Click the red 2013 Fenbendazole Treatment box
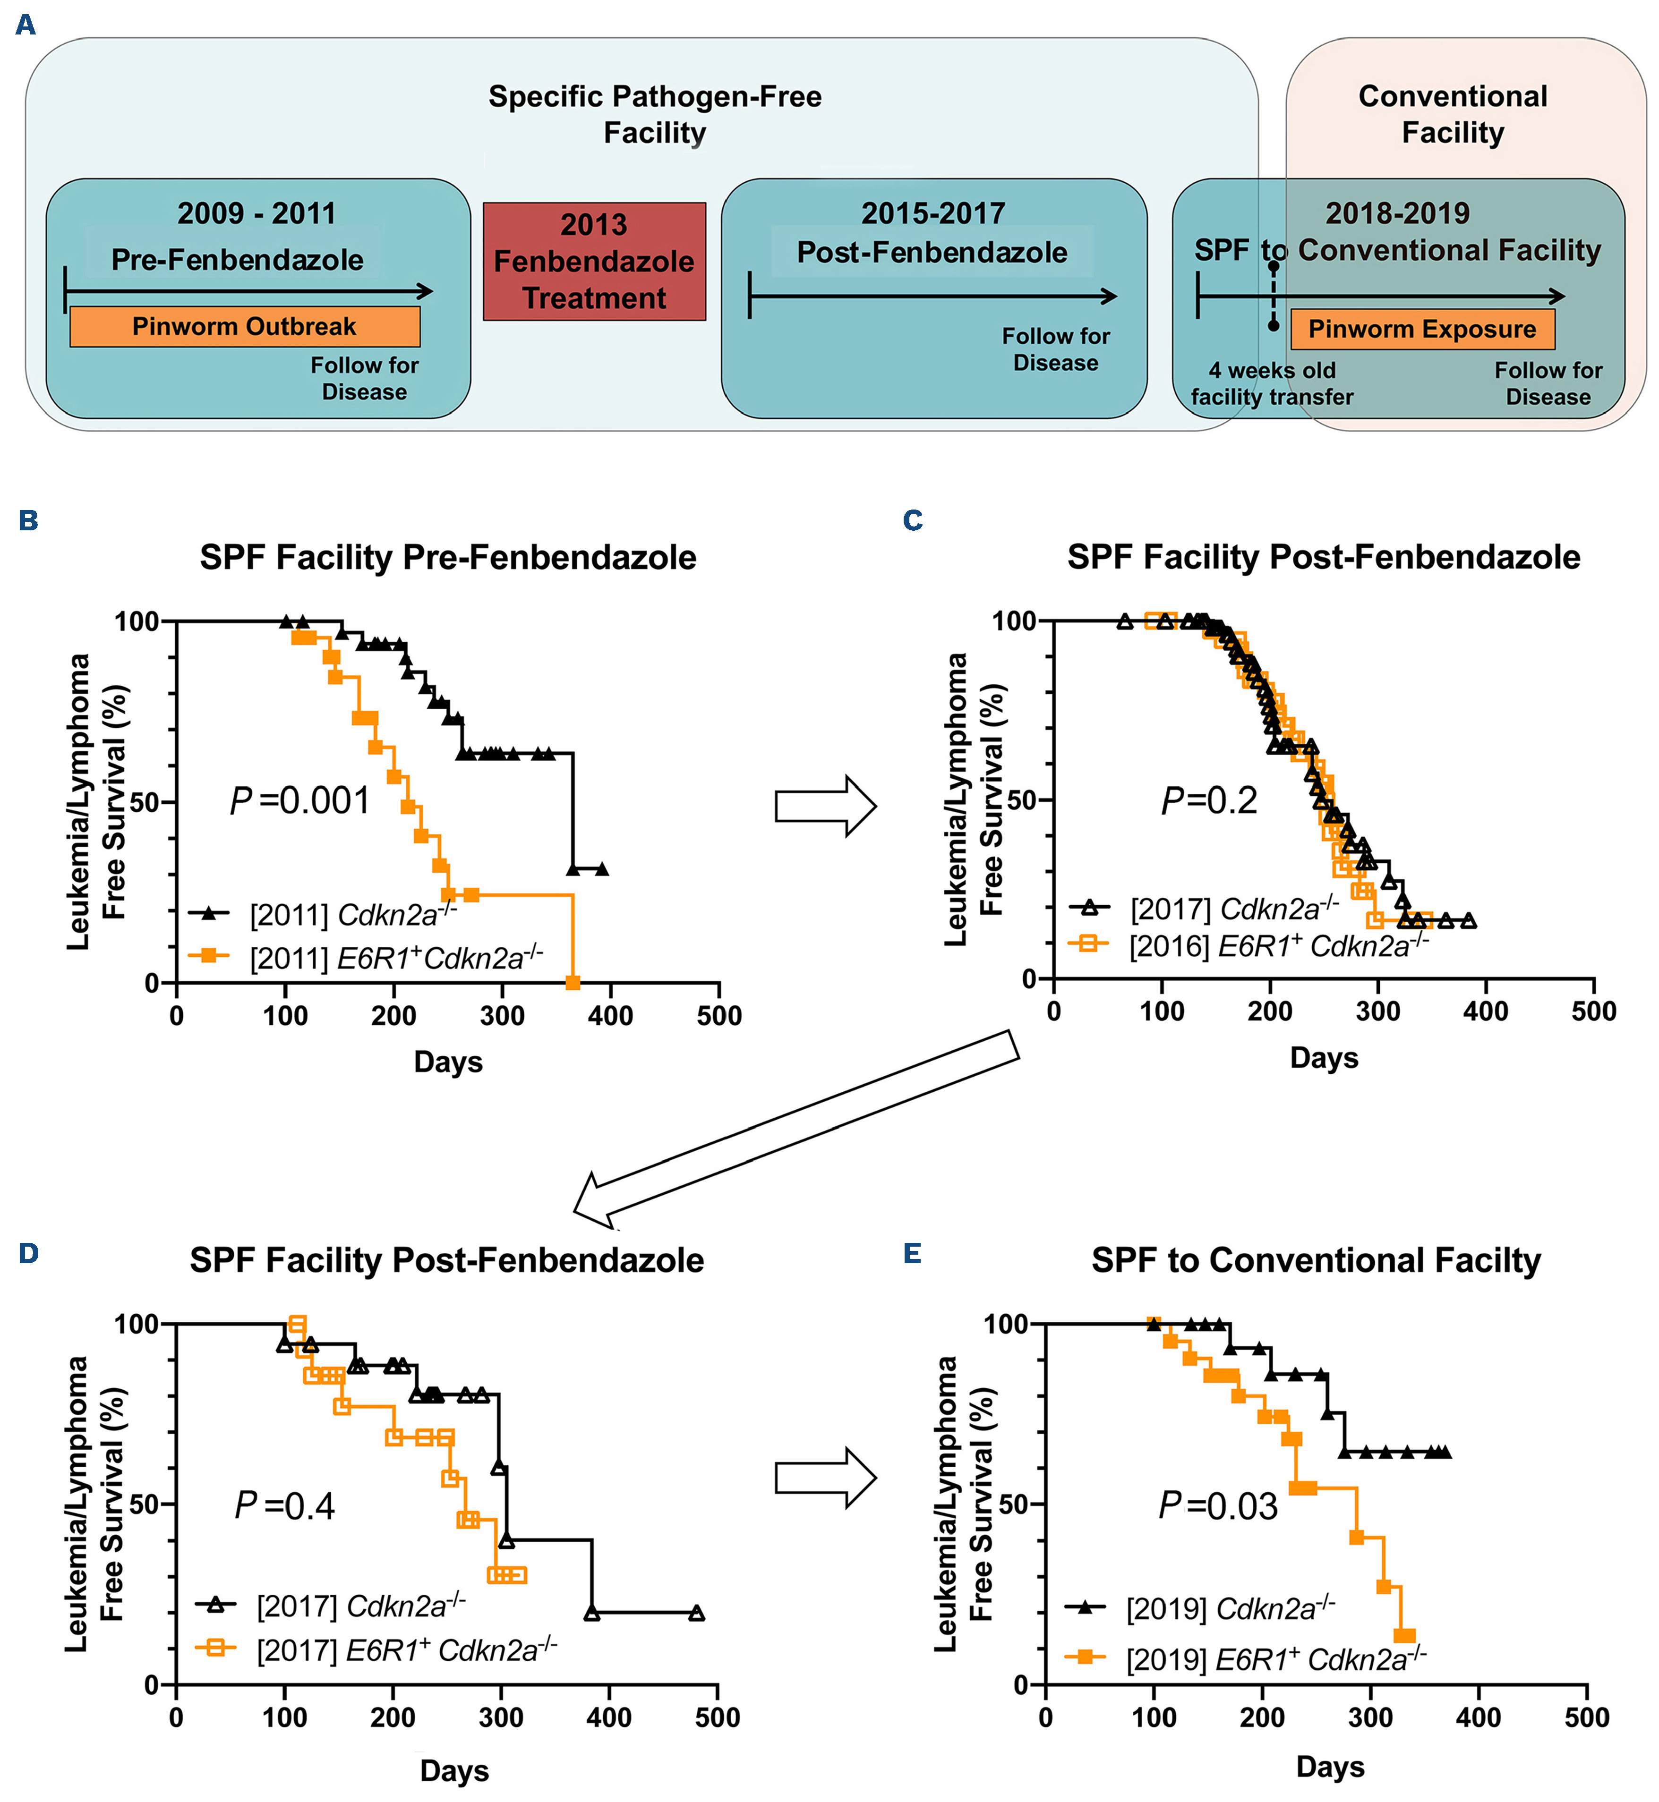pos(594,261)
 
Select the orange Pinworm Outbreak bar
pos(244,327)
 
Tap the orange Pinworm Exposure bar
pos(1422,329)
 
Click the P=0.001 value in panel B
pos(300,800)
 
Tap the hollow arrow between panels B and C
pos(825,806)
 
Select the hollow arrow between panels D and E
pos(825,1478)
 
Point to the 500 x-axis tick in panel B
pos(719,1016)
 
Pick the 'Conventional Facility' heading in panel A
pos(1453,114)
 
